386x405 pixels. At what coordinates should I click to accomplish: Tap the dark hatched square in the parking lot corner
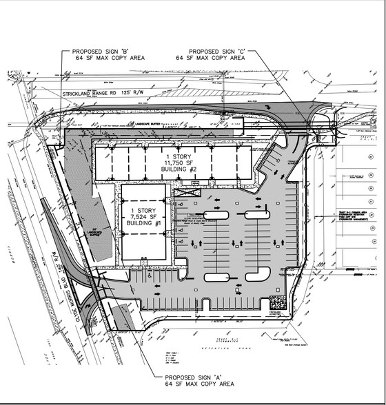point(278,301)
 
